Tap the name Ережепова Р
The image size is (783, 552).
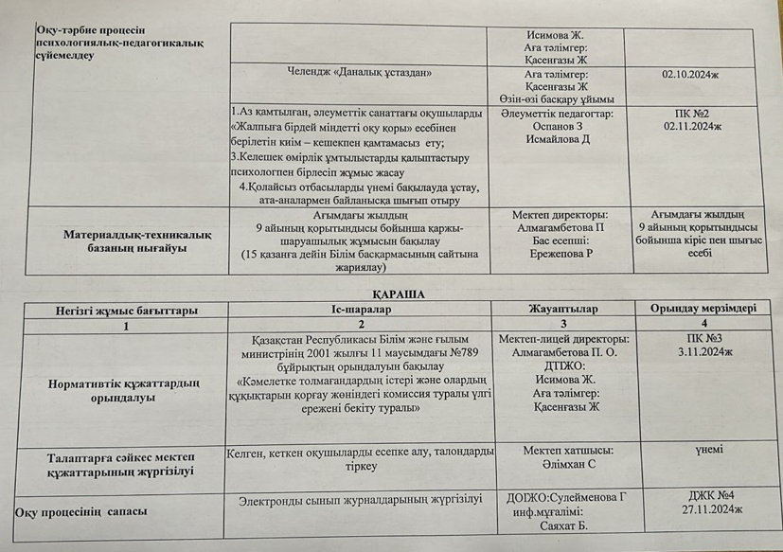coord(562,257)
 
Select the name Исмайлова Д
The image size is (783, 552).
coord(558,140)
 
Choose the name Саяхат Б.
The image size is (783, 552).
coord(566,526)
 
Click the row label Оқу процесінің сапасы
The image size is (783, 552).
coord(81,512)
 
